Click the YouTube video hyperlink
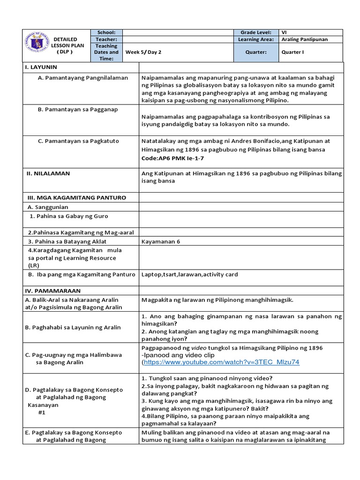tap(222, 362)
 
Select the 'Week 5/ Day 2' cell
tap(143, 52)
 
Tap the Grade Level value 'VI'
tap(285, 32)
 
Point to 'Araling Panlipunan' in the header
tap(305, 40)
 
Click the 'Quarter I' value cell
tap(292, 52)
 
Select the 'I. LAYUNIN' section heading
tap(41, 67)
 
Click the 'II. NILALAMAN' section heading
tap(48, 173)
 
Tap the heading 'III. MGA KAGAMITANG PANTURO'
tap(75, 197)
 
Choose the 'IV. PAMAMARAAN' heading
tap(52, 291)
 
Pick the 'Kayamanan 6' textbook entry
tap(161, 241)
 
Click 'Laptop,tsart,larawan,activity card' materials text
tap(190, 274)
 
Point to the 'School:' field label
tap(106, 32)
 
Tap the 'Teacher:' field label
tap(106, 40)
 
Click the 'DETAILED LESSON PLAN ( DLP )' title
tap(65, 45)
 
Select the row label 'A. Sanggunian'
tap(48, 207)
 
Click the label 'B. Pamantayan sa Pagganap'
tap(78, 109)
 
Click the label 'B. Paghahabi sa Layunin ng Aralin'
tap(73, 327)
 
